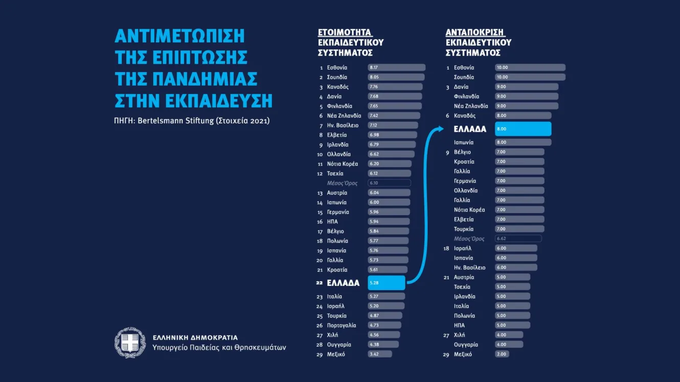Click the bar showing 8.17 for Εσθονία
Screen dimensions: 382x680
tap(396, 67)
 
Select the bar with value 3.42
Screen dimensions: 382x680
tap(379, 354)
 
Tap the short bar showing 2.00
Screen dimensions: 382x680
tap(502, 354)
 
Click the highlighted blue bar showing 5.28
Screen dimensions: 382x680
tap(386, 283)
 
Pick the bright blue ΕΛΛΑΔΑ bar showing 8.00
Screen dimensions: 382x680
tap(523, 129)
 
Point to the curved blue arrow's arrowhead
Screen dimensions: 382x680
tap(439, 129)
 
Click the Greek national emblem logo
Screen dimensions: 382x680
tap(130, 343)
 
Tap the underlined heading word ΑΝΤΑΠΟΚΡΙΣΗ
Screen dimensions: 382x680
tap(475, 32)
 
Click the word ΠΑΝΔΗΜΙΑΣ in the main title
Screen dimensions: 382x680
tap(186, 79)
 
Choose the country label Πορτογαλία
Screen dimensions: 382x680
tap(342, 325)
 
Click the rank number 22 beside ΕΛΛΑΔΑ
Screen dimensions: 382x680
tap(320, 283)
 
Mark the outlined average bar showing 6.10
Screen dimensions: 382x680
tap(389, 183)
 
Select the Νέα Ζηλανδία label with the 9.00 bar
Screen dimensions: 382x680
tap(471, 106)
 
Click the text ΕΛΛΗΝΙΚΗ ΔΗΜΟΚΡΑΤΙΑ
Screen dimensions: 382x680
tap(195, 338)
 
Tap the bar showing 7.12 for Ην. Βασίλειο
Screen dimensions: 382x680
tap(393, 125)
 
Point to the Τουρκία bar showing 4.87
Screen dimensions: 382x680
tap(384, 316)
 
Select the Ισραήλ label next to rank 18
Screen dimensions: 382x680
tap(463, 248)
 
